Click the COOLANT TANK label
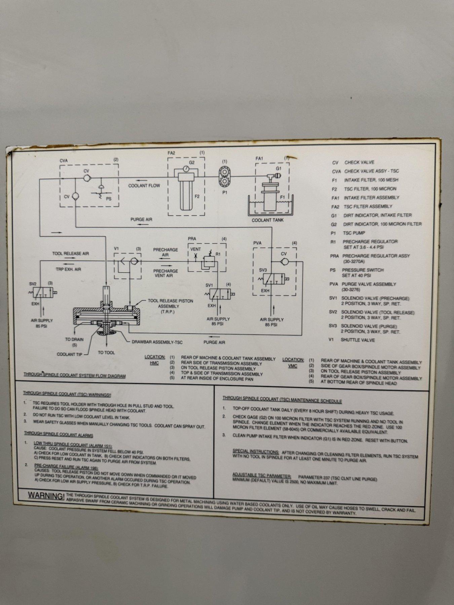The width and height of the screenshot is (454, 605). click(x=268, y=220)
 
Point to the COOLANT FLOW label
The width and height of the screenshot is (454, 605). click(x=144, y=186)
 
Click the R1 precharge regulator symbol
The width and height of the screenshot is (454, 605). click(x=208, y=261)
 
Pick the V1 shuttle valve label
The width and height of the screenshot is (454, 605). click(x=117, y=249)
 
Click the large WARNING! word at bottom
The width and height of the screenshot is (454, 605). click(x=46, y=496)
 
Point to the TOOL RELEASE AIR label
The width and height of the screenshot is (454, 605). click(x=71, y=253)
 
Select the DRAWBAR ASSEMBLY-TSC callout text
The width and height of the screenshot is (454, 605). click(x=157, y=342)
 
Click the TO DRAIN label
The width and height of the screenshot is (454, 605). click(x=74, y=339)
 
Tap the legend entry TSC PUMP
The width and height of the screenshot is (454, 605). click(x=354, y=233)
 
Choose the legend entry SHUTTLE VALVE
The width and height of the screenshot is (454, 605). click(x=357, y=340)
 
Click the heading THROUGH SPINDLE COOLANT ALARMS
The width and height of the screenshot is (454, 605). click(x=59, y=435)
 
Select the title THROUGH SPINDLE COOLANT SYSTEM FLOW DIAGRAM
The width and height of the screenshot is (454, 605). click(x=75, y=375)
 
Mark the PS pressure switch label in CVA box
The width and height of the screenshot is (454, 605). click(x=109, y=199)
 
